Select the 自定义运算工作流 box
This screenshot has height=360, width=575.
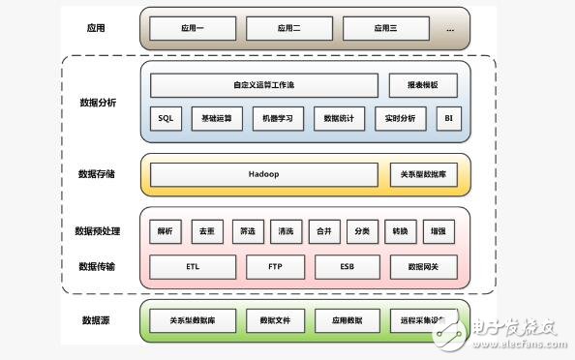264,85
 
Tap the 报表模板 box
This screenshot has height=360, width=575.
422,85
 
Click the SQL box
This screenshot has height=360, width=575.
165,118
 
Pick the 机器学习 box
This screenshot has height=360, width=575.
278,118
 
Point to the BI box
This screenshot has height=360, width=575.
447,118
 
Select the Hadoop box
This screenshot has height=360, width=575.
263,174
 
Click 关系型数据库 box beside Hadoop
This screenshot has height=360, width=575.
422,174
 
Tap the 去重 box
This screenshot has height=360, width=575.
205,232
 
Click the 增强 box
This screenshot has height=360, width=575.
438,232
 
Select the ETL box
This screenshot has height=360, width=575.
193,266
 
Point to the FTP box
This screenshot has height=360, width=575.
275,266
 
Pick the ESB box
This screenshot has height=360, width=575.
348,266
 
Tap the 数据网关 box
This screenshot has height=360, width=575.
424,266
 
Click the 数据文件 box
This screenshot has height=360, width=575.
275,320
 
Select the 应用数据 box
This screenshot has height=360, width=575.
348,320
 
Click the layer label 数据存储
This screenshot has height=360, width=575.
97,174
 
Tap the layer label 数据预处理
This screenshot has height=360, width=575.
97,231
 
